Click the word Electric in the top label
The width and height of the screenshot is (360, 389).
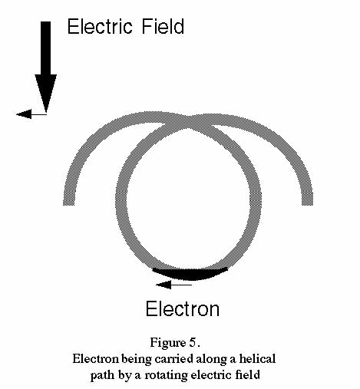[x=100, y=26]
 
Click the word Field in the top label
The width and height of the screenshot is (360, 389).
[x=163, y=26]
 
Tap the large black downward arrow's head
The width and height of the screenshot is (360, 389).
[x=46, y=93]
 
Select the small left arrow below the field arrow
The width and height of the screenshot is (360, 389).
[x=31, y=114]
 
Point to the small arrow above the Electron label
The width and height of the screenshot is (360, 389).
[x=173, y=285]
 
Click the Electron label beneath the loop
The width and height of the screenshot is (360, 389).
[x=183, y=309]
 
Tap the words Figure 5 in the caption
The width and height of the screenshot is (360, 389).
[x=174, y=342]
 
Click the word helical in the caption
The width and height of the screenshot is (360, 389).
[x=257, y=358]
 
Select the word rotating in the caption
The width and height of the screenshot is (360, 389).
[x=167, y=375]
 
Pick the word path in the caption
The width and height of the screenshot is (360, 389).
[x=102, y=376]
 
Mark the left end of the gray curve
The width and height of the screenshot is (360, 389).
[x=69, y=205]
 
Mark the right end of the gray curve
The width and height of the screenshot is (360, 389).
[x=307, y=205]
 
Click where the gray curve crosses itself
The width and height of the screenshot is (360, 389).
[x=188, y=123]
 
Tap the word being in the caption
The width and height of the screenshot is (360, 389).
[x=137, y=359]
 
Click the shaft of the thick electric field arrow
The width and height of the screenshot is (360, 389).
[x=46, y=48]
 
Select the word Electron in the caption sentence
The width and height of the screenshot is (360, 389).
[x=95, y=358]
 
